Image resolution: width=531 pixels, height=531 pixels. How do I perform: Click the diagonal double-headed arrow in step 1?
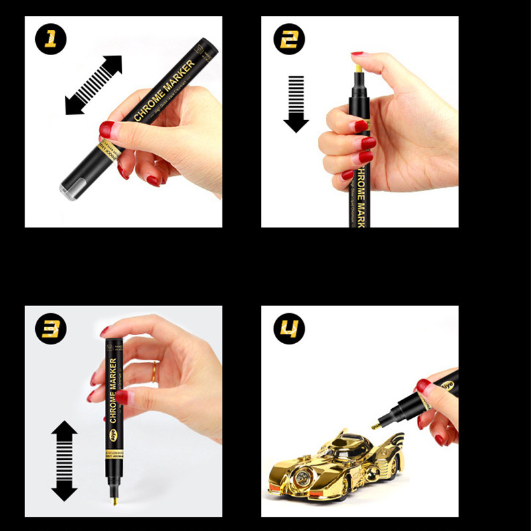pos(94,85)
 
